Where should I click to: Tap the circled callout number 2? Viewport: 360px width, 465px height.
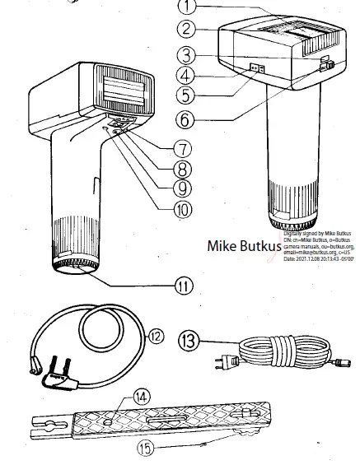189,30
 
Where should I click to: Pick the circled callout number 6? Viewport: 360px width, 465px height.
189,119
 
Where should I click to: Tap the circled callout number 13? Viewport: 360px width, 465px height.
189,339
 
